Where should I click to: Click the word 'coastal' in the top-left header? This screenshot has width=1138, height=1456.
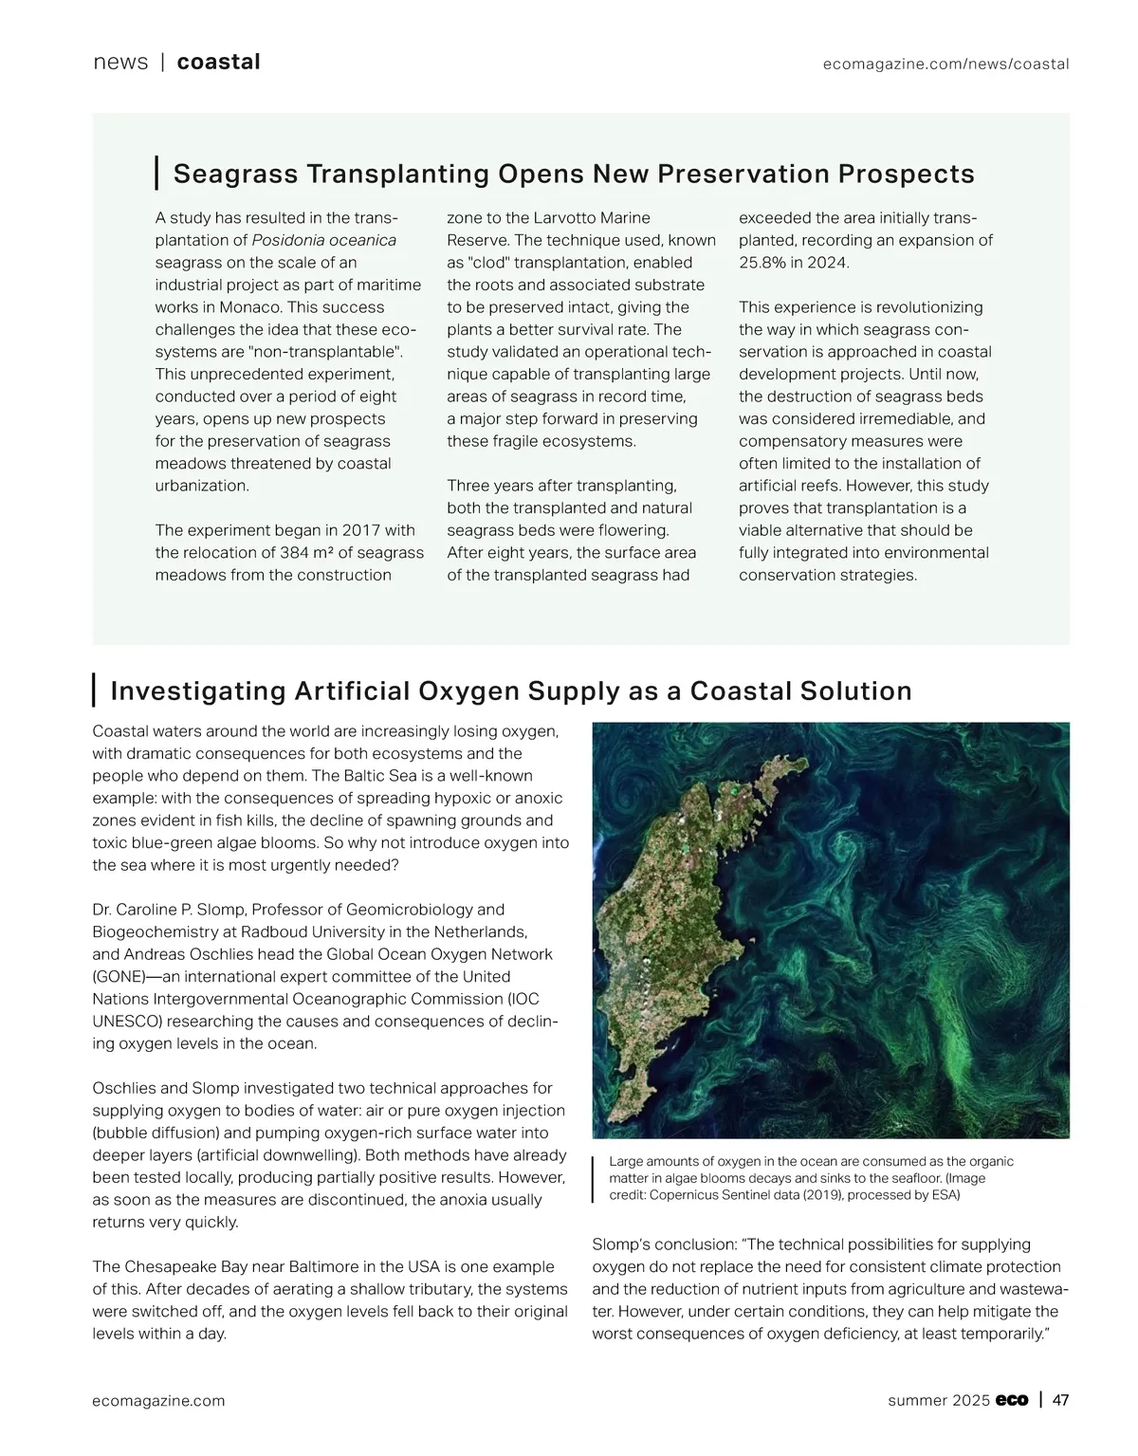click(x=218, y=63)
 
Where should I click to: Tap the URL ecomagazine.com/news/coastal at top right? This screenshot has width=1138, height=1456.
click(x=945, y=65)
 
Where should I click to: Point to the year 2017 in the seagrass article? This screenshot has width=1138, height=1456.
click(x=362, y=530)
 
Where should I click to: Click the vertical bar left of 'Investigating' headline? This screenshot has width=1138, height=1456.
click(x=94, y=691)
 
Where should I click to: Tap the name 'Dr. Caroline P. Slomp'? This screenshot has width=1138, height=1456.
click(x=168, y=910)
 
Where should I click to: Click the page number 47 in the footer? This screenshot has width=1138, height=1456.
click(x=1061, y=1400)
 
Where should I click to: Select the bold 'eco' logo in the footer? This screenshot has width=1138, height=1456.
click(x=1012, y=1401)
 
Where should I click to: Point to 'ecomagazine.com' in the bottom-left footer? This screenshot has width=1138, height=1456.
click(x=158, y=1401)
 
